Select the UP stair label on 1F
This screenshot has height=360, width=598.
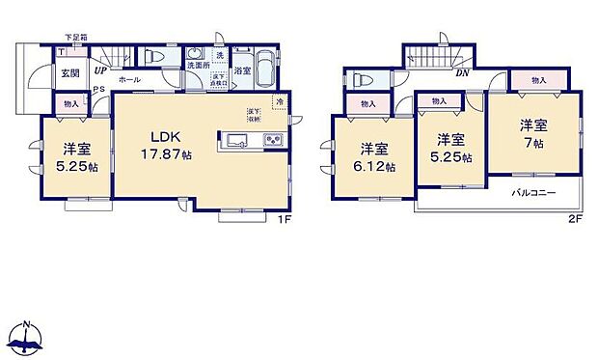[x=100, y=70]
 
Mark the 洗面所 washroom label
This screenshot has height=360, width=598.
[x=199, y=65]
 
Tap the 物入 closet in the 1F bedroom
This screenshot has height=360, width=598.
[x=70, y=103]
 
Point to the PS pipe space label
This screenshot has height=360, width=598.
[x=99, y=93]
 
